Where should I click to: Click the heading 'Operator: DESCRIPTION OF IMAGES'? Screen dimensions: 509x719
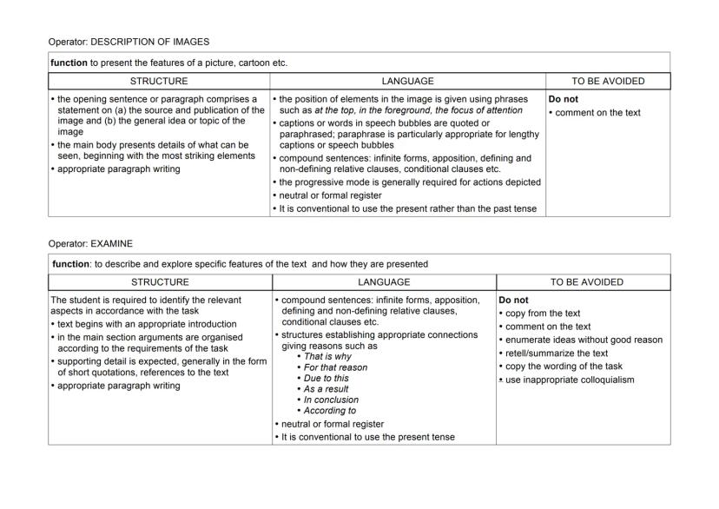pyautogui.click(x=129, y=42)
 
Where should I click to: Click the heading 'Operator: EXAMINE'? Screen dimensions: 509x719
pyautogui.click(x=90, y=244)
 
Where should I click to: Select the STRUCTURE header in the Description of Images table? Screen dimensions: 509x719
pyautogui.click(x=158, y=82)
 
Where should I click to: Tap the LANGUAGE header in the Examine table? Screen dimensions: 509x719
pyautogui.click(x=384, y=282)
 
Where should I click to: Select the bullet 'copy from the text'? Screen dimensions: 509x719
pyautogui.click(x=542, y=314)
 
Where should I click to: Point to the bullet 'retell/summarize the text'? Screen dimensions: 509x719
pyautogui.click(x=555, y=354)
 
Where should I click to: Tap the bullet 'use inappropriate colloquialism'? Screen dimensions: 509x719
pyautogui.click(x=572, y=380)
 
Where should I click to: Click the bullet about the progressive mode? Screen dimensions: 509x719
pyautogui.click(x=408, y=182)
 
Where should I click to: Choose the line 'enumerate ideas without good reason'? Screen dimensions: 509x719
pyautogui.click(x=582, y=340)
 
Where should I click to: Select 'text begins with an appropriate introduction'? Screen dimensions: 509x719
pyautogui.click(x=146, y=324)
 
